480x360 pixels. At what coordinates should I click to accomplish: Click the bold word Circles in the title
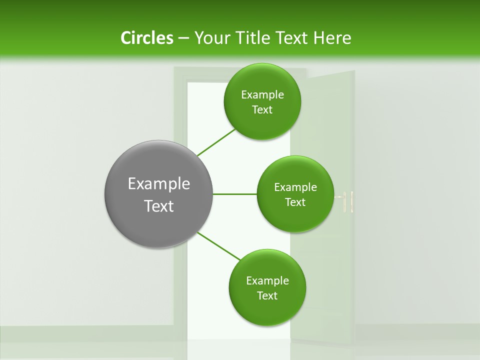pyautogui.click(x=147, y=38)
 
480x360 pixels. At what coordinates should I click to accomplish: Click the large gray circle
pyautogui.click(x=158, y=194)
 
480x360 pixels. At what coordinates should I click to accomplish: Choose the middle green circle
pyautogui.click(x=295, y=194)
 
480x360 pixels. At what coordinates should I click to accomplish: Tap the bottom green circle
pyautogui.click(x=267, y=287)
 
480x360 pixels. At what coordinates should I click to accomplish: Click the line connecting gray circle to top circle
pyautogui.click(x=216, y=142)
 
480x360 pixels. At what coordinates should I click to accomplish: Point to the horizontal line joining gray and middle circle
pyautogui.click(x=235, y=194)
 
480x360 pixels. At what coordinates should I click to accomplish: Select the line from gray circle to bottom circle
pyautogui.click(x=219, y=246)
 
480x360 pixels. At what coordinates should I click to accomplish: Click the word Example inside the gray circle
pyautogui.click(x=159, y=184)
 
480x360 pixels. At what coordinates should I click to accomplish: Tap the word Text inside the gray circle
pyautogui.click(x=159, y=206)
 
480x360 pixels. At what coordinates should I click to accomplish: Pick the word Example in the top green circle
pyautogui.click(x=262, y=95)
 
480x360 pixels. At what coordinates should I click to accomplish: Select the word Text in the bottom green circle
pyautogui.click(x=267, y=295)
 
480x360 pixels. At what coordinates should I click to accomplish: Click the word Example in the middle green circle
pyautogui.click(x=295, y=187)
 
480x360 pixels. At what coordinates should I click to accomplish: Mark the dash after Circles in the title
pyautogui.click(x=183, y=38)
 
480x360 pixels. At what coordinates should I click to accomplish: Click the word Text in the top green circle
pyautogui.click(x=262, y=110)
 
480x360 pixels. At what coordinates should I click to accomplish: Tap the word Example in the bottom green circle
pyautogui.click(x=267, y=281)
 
